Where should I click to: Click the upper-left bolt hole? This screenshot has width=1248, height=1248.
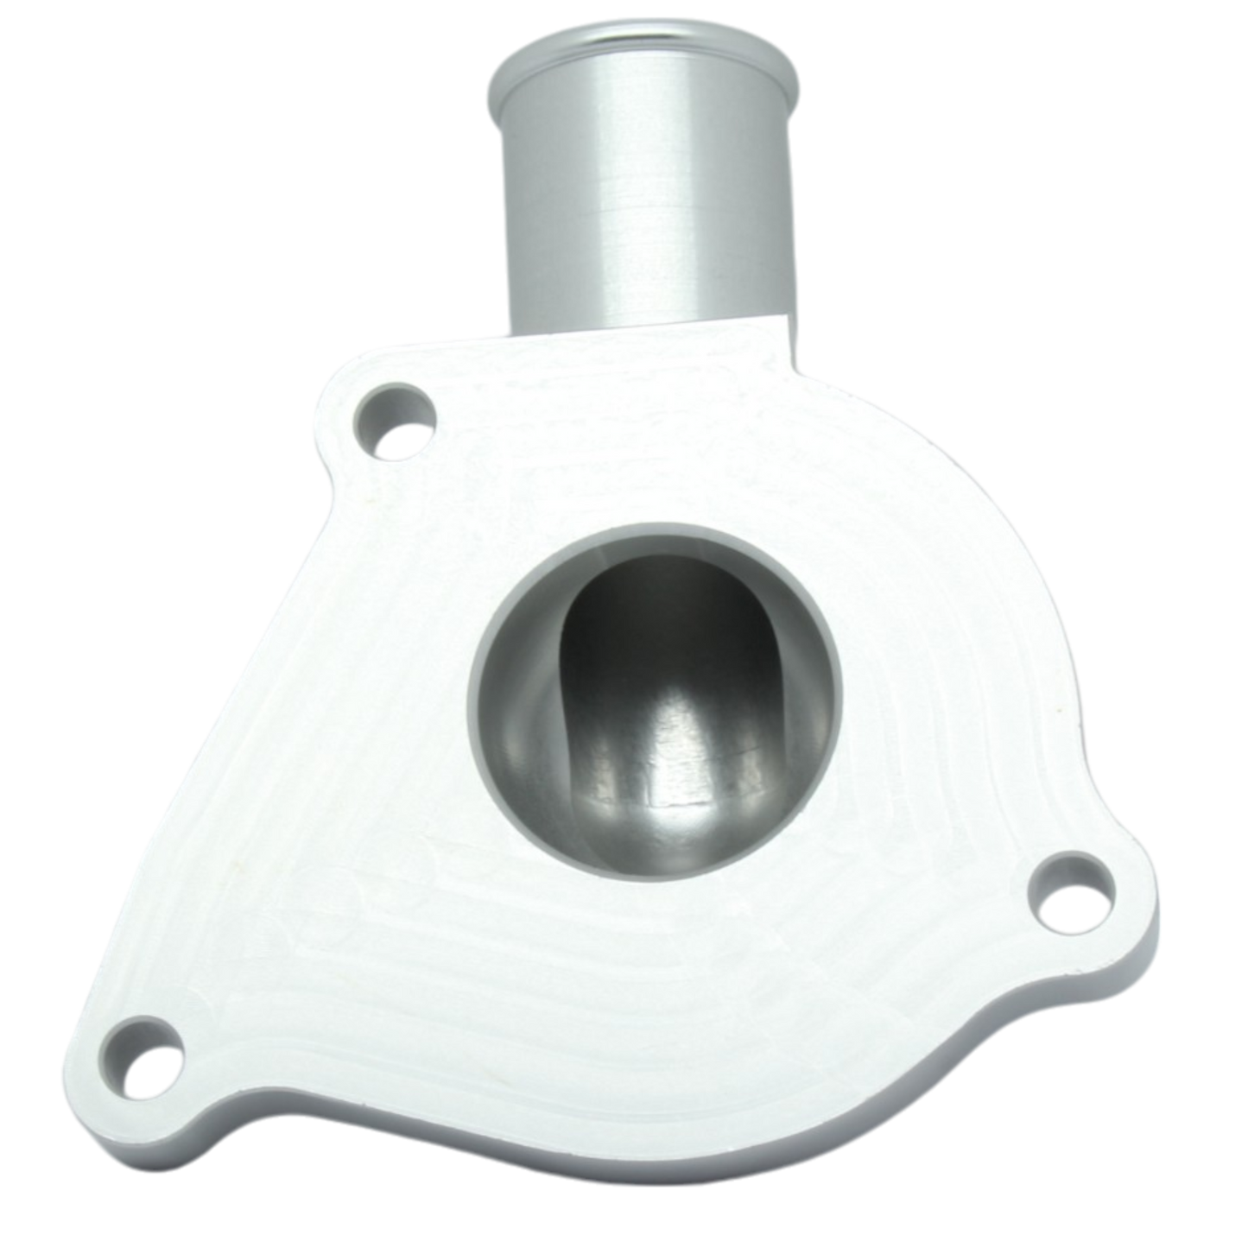[395, 421]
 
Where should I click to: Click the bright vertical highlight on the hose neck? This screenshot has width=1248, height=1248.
[605, 199]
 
